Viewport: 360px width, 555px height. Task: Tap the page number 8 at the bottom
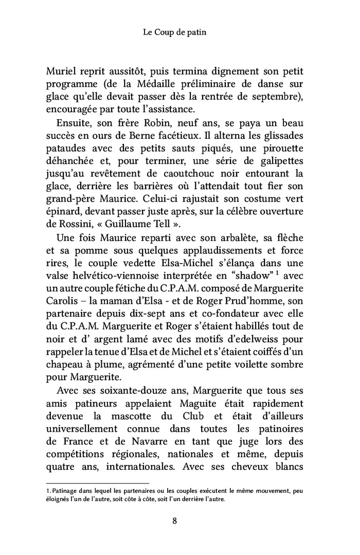point(175,521)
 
